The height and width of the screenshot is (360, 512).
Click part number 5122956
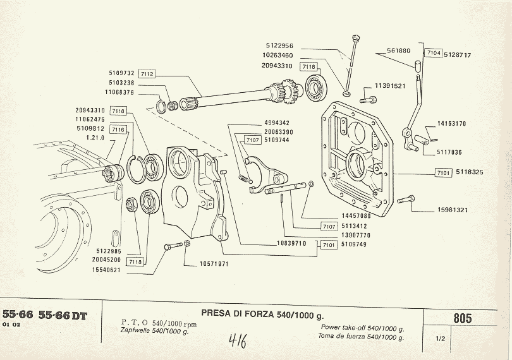(x=279, y=46)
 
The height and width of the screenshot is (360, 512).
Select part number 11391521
(x=390, y=85)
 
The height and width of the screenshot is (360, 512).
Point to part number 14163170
(x=451, y=124)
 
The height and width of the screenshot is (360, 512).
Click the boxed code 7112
(x=146, y=73)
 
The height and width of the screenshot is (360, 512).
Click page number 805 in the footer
(x=462, y=318)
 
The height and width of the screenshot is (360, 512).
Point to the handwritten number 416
(x=237, y=342)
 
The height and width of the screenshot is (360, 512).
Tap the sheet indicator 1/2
(x=441, y=339)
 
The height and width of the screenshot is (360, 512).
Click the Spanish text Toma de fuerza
(x=362, y=337)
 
